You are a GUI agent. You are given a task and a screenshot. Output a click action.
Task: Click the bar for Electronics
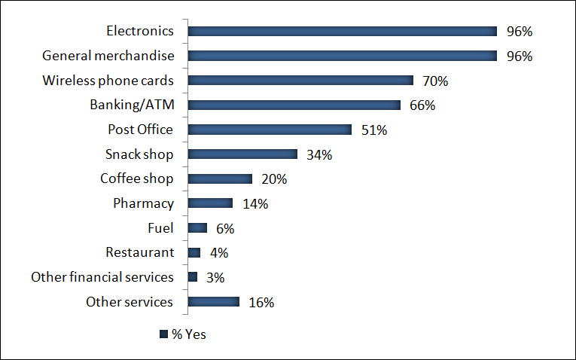click(x=342, y=32)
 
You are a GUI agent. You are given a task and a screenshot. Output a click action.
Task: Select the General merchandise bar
click(x=342, y=56)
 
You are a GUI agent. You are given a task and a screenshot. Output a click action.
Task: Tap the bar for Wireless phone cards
click(x=300, y=81)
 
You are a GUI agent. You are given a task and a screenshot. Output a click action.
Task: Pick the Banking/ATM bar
click(x=294, y=105)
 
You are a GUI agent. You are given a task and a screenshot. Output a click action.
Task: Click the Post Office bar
click(x=270, y=130)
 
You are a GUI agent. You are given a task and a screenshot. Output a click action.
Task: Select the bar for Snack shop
click(x=242, y=154)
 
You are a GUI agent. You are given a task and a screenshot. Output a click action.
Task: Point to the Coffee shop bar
click(x=220, y=178)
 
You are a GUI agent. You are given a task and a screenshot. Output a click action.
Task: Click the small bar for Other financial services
click(x=193, y=277)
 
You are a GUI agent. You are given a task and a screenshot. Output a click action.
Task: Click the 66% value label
click(x=422, y=105)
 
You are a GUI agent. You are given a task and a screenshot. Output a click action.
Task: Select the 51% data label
click(x=373, y=130)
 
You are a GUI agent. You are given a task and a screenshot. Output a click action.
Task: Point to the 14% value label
click(x=255, y=204)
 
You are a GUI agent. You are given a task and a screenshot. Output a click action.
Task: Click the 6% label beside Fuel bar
click(x=226, y=228)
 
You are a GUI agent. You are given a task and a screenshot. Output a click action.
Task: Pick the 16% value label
click(x=261, y=303)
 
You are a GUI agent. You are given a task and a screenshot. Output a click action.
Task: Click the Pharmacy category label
click(x=143, y=203)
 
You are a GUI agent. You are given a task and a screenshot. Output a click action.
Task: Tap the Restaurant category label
click(x=139, y=252)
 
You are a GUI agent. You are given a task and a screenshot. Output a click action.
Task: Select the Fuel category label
click(x=160, y=227)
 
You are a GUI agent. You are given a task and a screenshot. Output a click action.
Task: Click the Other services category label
click(x=130, y=302)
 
